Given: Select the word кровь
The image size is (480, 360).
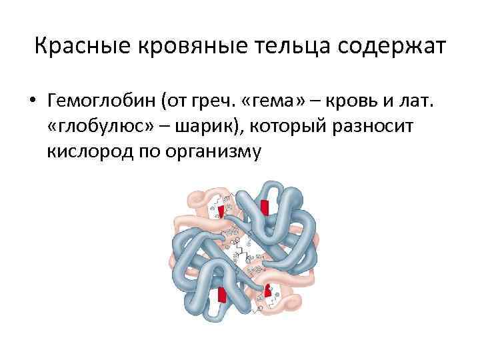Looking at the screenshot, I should tap(352, 102).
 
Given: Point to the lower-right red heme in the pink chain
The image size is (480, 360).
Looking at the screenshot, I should tap(268, 290).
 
